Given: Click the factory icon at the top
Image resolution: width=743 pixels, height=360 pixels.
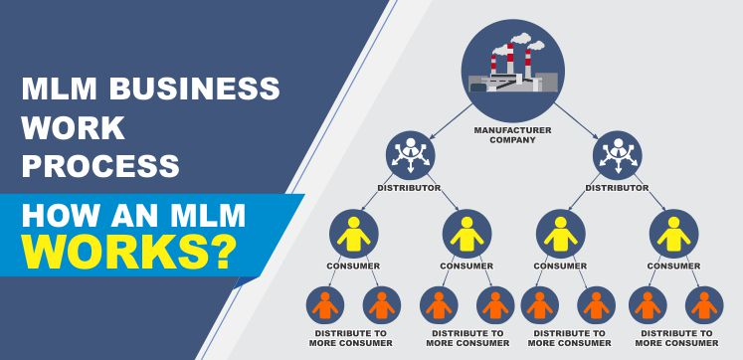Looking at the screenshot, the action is pos(512,70).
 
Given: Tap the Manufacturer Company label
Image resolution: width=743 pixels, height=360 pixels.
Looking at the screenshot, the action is pos(512,134).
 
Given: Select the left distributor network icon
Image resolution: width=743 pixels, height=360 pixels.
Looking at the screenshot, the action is pos(410,155).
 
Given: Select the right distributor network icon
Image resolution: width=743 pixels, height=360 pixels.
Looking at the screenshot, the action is pos(617,155).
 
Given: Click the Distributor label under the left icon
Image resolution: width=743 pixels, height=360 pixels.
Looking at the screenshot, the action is pos(410,188).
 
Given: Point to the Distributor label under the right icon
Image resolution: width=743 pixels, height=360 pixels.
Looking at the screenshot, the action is pos(617,188).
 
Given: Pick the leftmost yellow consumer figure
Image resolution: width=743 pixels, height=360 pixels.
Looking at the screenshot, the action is pos(353,234).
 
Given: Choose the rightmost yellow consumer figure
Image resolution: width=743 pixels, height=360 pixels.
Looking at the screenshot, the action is pos(673,234).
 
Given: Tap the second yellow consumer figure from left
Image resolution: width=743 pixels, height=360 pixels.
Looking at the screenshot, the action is pos(466,234).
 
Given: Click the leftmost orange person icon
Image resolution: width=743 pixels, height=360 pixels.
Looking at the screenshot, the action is pos(325,303).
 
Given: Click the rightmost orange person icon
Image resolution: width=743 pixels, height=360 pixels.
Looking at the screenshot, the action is pos(703,303).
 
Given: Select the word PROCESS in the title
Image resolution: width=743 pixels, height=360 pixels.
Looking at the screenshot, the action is pos(100,164).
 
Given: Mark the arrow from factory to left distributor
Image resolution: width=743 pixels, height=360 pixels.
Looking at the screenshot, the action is pos(452,118).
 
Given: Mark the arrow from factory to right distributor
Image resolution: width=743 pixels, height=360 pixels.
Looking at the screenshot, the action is pos(575,118).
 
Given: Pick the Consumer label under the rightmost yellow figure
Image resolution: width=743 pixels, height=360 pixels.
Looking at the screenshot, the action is pos(673,266).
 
